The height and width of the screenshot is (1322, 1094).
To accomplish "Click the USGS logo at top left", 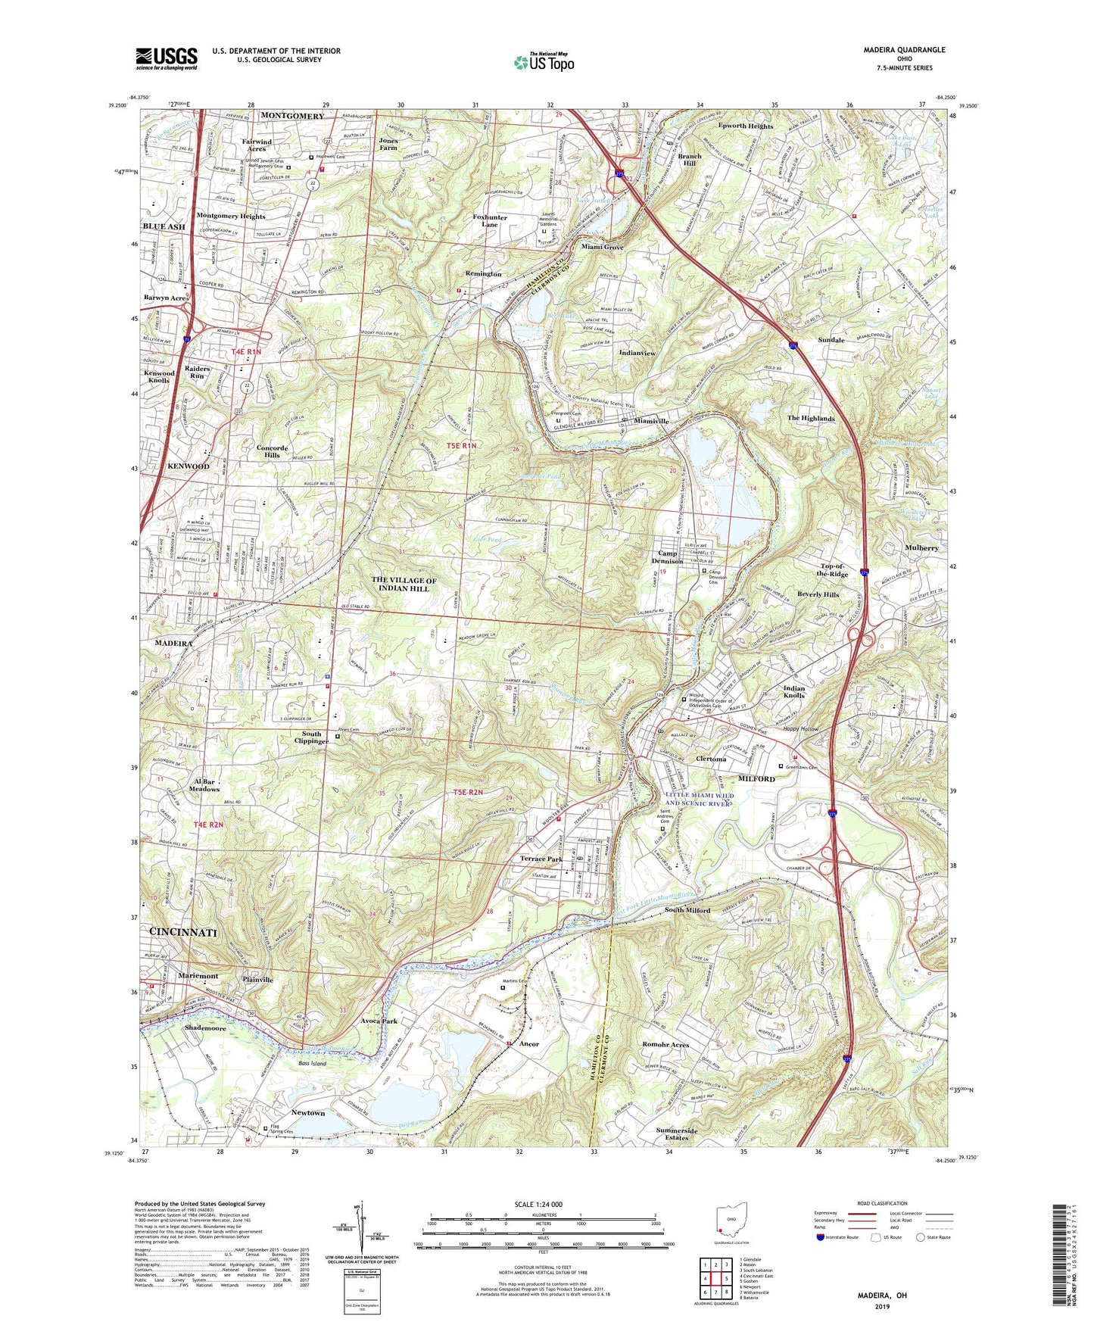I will [x=167, y=58].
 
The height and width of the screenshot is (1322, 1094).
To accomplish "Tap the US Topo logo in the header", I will [x=543, y=62].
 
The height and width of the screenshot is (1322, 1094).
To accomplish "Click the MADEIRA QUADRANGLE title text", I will [x=904, y=50].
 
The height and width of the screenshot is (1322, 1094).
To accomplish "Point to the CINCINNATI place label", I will [x=183, y=932].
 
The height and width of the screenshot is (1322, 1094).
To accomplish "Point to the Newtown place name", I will [x=308, y=1113].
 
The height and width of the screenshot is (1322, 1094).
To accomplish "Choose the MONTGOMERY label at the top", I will [x=291, y=116].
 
